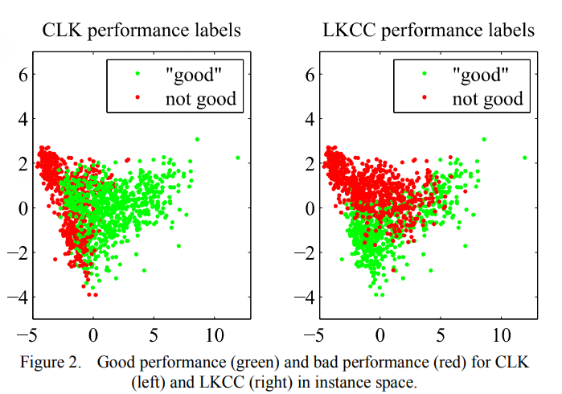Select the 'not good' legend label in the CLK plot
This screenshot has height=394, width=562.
(x=201, y=98)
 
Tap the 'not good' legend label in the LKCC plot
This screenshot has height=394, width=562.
(x=487, y=98)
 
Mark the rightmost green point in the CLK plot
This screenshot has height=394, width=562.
(x=238, y=158)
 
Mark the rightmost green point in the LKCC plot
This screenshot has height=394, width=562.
(x=524, y=158)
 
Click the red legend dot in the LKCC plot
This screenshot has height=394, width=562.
(x=425, y=98)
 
